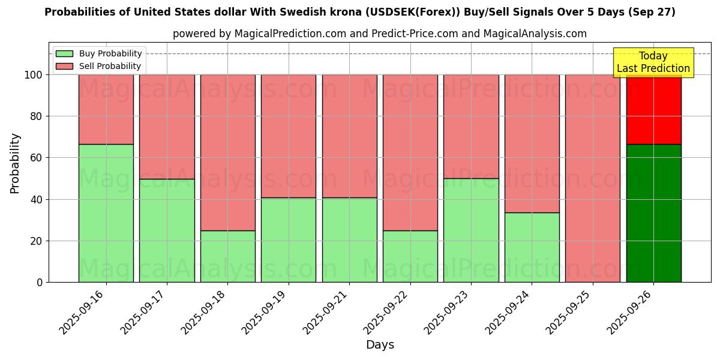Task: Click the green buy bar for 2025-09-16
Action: click(x=106, y=213)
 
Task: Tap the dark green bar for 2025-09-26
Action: click(x=653, y=213)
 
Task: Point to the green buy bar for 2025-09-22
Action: click(x=410, y=256)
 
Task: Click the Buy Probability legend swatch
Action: click(x=64, y=54)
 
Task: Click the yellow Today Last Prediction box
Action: click(x=653, y=62)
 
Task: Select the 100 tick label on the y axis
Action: click(x=33, y=75)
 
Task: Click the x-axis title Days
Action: click(x=380, y=345)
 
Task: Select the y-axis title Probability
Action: click(x=15, y=163)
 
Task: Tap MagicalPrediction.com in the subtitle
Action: click(x=289, y=34)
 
